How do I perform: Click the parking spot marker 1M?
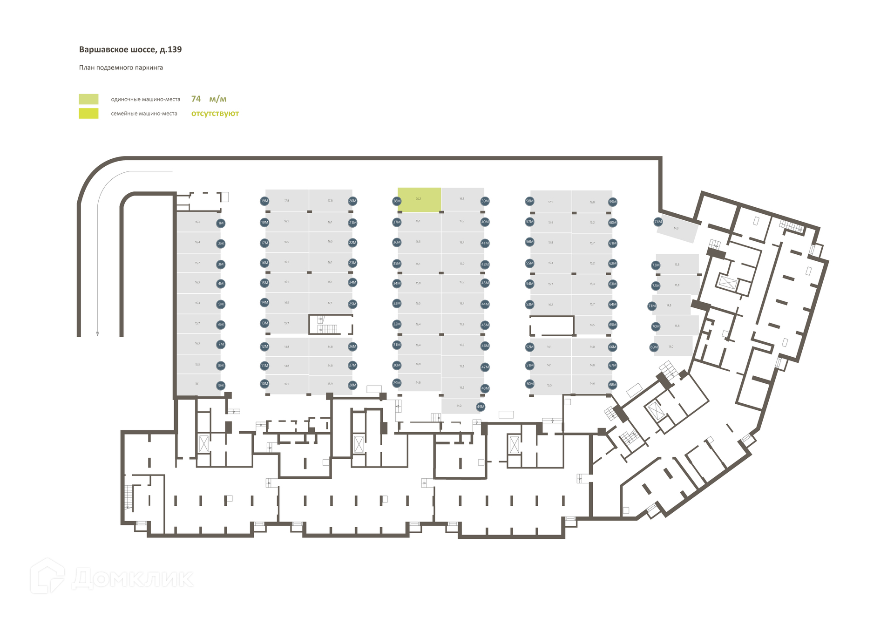(221, 223)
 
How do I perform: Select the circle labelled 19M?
(264, 201)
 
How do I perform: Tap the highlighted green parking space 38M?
(419, 200)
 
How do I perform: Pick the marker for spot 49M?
(481, 407)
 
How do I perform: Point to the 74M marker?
(658, 222)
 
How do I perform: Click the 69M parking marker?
(654, 347)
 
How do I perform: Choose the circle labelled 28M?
(352, 385)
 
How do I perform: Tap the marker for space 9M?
(221, 386)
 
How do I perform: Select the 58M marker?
(529, 201)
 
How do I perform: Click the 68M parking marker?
(613, 385)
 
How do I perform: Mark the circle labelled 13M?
(264, 323)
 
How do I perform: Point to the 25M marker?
(352, 304)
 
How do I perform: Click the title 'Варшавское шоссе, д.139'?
(130, 49)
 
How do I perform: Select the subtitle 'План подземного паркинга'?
(121, 68)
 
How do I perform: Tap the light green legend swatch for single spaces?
(88, 99)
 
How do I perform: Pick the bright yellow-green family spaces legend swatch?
(88, 113)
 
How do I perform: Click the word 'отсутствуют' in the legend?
(215, 113)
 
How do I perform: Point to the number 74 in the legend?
(196, 99)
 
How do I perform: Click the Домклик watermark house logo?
(47, 577)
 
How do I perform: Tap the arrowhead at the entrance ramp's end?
(97, 333)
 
